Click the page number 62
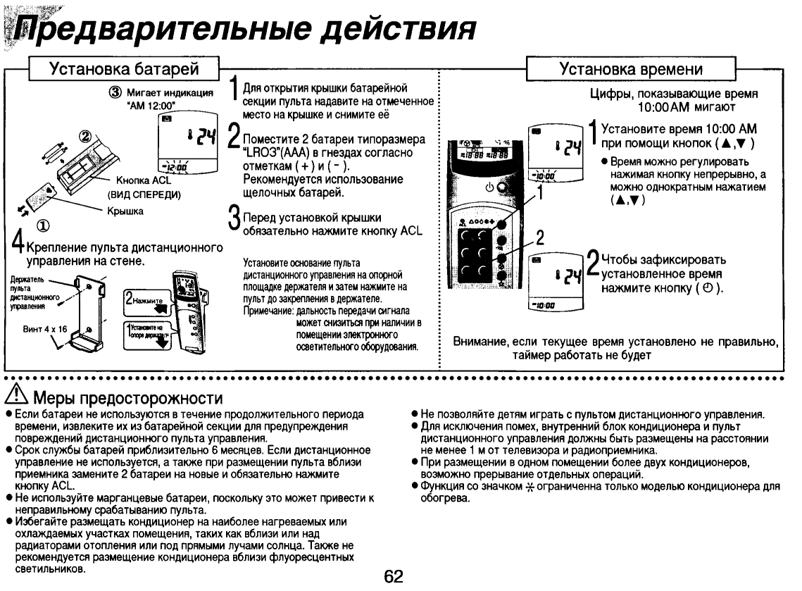click(393, 577)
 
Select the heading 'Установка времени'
click(631, 69)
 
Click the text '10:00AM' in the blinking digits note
click(661, 107)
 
